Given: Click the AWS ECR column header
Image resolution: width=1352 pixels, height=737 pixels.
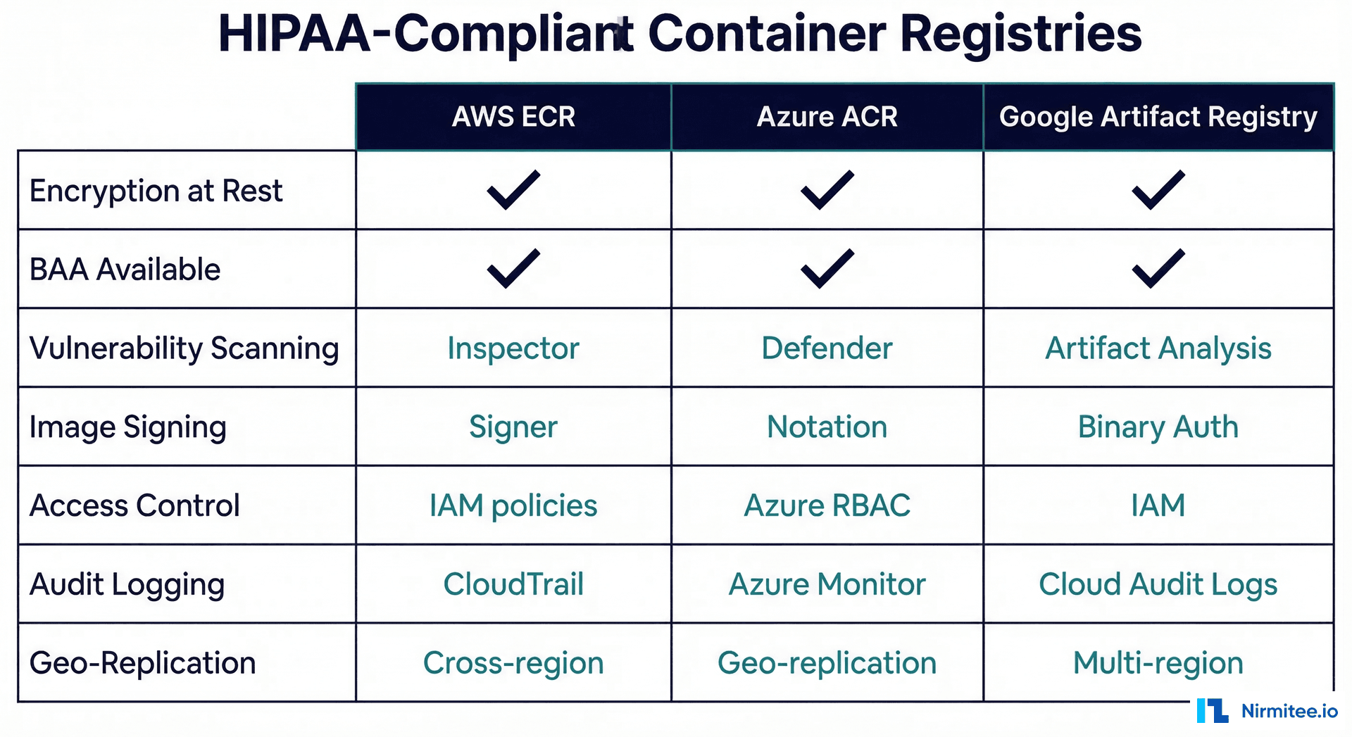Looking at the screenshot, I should click(513, 117).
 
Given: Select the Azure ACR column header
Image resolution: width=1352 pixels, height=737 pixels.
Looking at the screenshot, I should click(827, 117).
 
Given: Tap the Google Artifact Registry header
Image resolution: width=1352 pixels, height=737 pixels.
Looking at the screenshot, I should click(1158, 117).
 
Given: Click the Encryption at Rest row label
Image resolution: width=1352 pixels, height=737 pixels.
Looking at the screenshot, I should click(156, 191).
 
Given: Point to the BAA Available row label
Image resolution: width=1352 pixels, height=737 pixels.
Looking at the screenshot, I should click(125, 270).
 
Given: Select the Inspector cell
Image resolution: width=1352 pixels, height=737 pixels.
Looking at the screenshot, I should click(513, 348).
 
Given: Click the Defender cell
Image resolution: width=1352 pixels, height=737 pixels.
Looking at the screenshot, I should click(827, 348).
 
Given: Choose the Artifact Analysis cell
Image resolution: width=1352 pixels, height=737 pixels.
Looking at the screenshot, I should click(1158, 348).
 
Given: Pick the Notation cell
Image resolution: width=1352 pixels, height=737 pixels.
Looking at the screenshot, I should click(827, 427).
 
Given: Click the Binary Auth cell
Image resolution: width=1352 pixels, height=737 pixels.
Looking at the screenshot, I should click(1158, 427).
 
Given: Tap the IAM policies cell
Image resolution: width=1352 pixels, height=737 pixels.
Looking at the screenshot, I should click(513, 506).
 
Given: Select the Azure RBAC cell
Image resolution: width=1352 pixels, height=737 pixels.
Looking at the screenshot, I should click(827, 506).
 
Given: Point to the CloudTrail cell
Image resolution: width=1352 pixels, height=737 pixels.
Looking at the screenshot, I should click(513, 584).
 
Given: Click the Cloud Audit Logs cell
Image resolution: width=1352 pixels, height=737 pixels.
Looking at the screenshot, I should click(1158, 584).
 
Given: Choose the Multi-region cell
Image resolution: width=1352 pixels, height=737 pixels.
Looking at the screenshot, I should click(1158, 663).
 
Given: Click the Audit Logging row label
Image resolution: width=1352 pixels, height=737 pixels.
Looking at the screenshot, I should click(127, 584).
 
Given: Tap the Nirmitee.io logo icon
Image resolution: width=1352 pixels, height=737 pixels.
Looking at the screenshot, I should click(1212, 711).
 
